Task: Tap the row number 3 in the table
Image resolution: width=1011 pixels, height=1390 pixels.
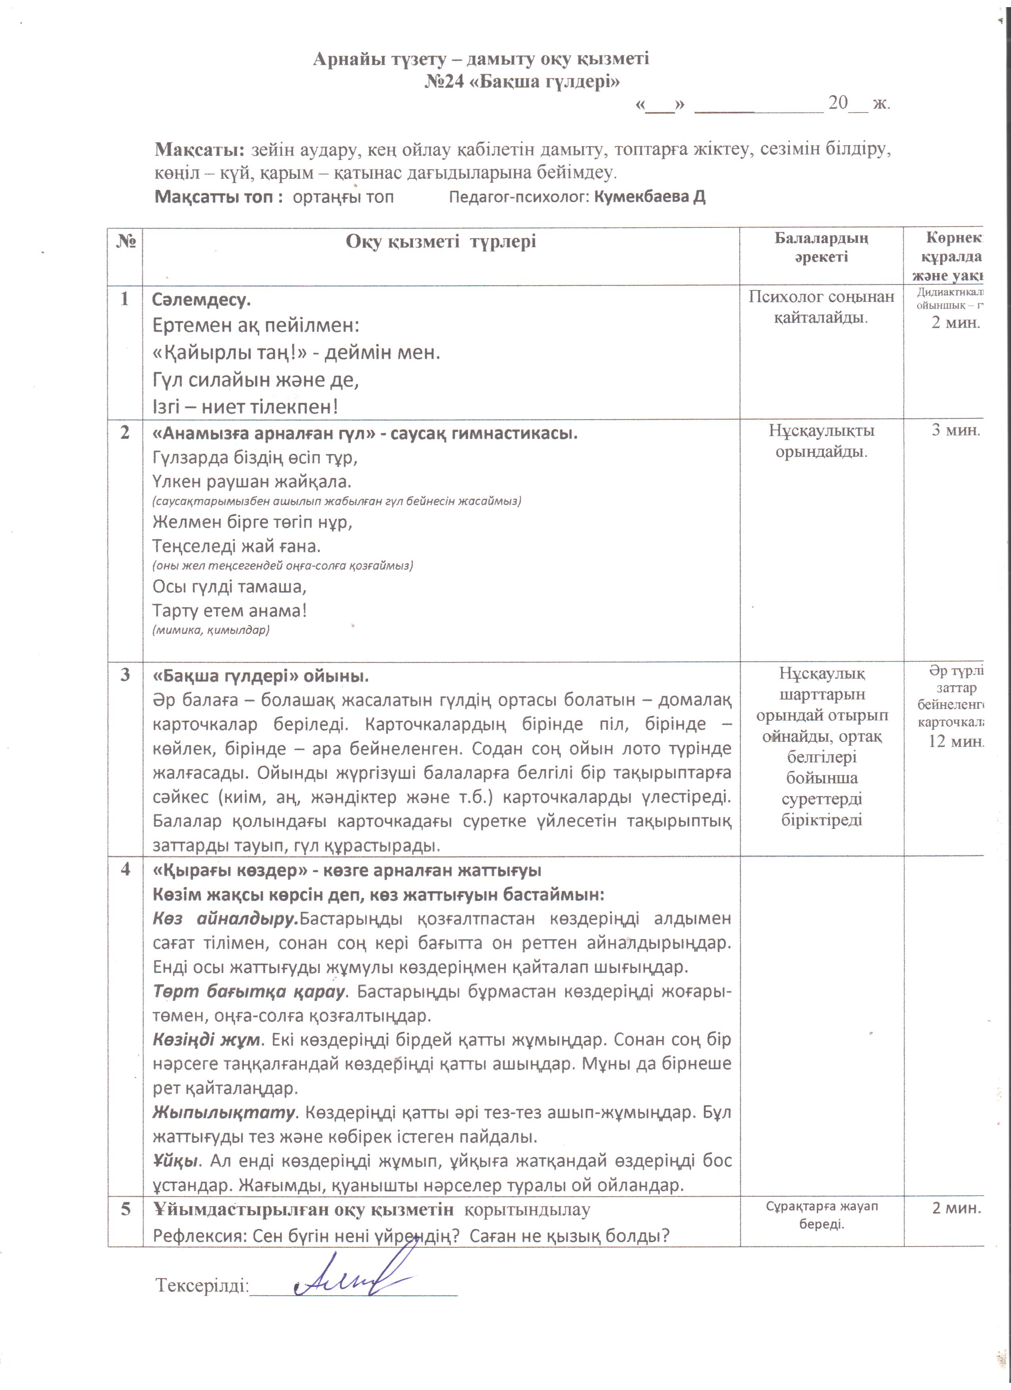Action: point(125,675)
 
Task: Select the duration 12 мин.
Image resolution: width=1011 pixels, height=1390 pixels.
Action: point(955,741)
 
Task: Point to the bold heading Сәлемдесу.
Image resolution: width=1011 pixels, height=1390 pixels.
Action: point(201,300)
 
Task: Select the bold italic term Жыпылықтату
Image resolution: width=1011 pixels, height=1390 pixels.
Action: point(224,1112)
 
